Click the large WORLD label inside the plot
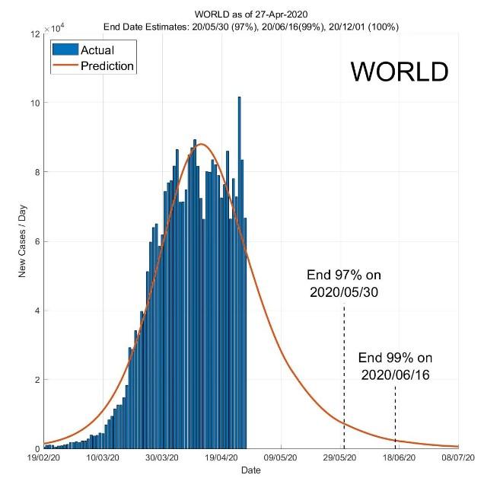point(400,72)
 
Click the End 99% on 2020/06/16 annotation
point(395,365)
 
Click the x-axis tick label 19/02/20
point(43,458)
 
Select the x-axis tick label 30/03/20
point(162,458)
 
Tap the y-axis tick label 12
point(35,34)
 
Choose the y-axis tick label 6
point(35,241)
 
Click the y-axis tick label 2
point(35,380)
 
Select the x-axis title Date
point(251,470)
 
